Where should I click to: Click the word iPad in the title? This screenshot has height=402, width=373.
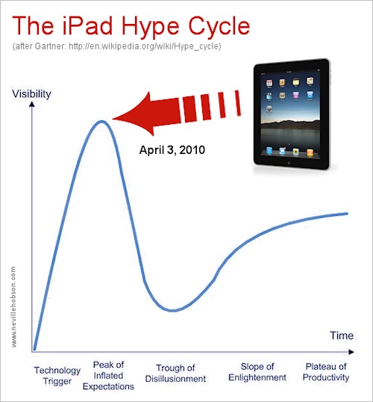coord(87,25)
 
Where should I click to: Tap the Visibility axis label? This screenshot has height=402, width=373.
coord(31,94)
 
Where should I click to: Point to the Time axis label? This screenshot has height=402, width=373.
coord(342,335)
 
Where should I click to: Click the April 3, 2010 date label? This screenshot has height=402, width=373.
coord(172,149)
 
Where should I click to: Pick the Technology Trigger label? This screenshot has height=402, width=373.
coord(57,376)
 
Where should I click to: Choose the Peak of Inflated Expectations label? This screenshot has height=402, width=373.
coord(108,376)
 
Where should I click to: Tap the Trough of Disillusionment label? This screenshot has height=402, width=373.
coord(175,374)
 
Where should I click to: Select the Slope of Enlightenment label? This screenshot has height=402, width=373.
coord(257,372)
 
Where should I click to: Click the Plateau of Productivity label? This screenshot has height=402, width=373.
coord(326,372)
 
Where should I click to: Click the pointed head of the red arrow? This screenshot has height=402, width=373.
coord(113,119)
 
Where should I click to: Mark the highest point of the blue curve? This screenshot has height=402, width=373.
coord(102,121)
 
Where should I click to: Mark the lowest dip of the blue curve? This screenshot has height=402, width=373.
coord(173,310)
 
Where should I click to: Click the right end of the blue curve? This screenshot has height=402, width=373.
coord(347,214)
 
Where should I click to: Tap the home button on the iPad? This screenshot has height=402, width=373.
coord(289,163)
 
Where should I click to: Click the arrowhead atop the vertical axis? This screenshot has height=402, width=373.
coord(32,104)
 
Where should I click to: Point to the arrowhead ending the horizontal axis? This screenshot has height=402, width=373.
coord(351,352)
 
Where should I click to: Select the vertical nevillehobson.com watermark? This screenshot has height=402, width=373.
coord(13,307)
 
